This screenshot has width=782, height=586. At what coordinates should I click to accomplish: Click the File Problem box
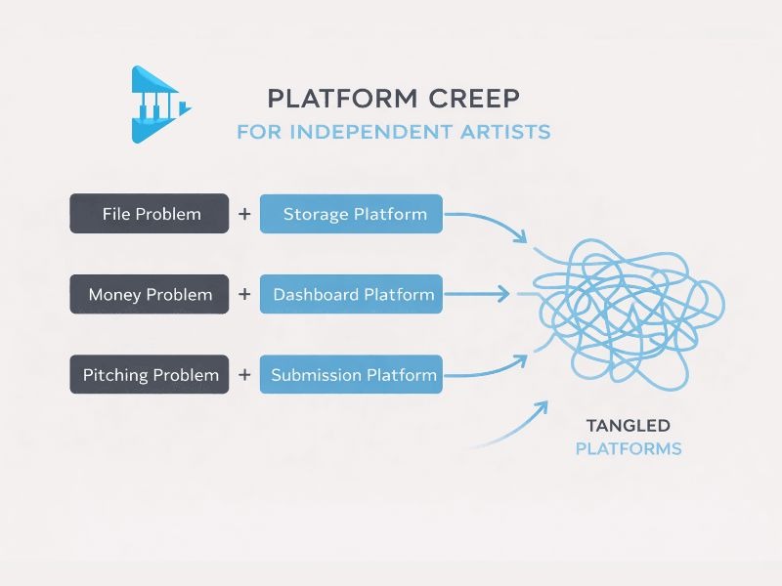[150, 213]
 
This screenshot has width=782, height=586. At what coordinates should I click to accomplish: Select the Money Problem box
[150, 294]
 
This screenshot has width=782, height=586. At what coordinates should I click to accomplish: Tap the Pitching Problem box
[150, 374]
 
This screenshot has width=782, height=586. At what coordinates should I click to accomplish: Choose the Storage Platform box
[351, 213]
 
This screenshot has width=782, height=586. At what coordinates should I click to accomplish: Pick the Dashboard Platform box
[351, 294]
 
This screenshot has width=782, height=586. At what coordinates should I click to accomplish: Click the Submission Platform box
[351, 374]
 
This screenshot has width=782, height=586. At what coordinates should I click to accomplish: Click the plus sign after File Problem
[244, 213]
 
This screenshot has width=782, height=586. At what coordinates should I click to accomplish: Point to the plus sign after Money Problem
[244, 294]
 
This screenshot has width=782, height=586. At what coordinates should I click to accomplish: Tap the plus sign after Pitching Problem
[244, 374]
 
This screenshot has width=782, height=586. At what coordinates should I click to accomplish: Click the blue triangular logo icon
[156, 105]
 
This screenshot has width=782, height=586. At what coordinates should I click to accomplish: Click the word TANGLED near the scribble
[628, 425]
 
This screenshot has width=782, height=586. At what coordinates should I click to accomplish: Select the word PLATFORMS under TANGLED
[628, 449]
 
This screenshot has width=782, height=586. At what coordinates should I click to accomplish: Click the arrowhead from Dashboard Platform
[504, 293]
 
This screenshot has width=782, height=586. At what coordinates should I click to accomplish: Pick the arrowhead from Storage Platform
[522, 237]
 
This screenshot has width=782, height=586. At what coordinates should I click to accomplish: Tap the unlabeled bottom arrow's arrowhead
[542, 403]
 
